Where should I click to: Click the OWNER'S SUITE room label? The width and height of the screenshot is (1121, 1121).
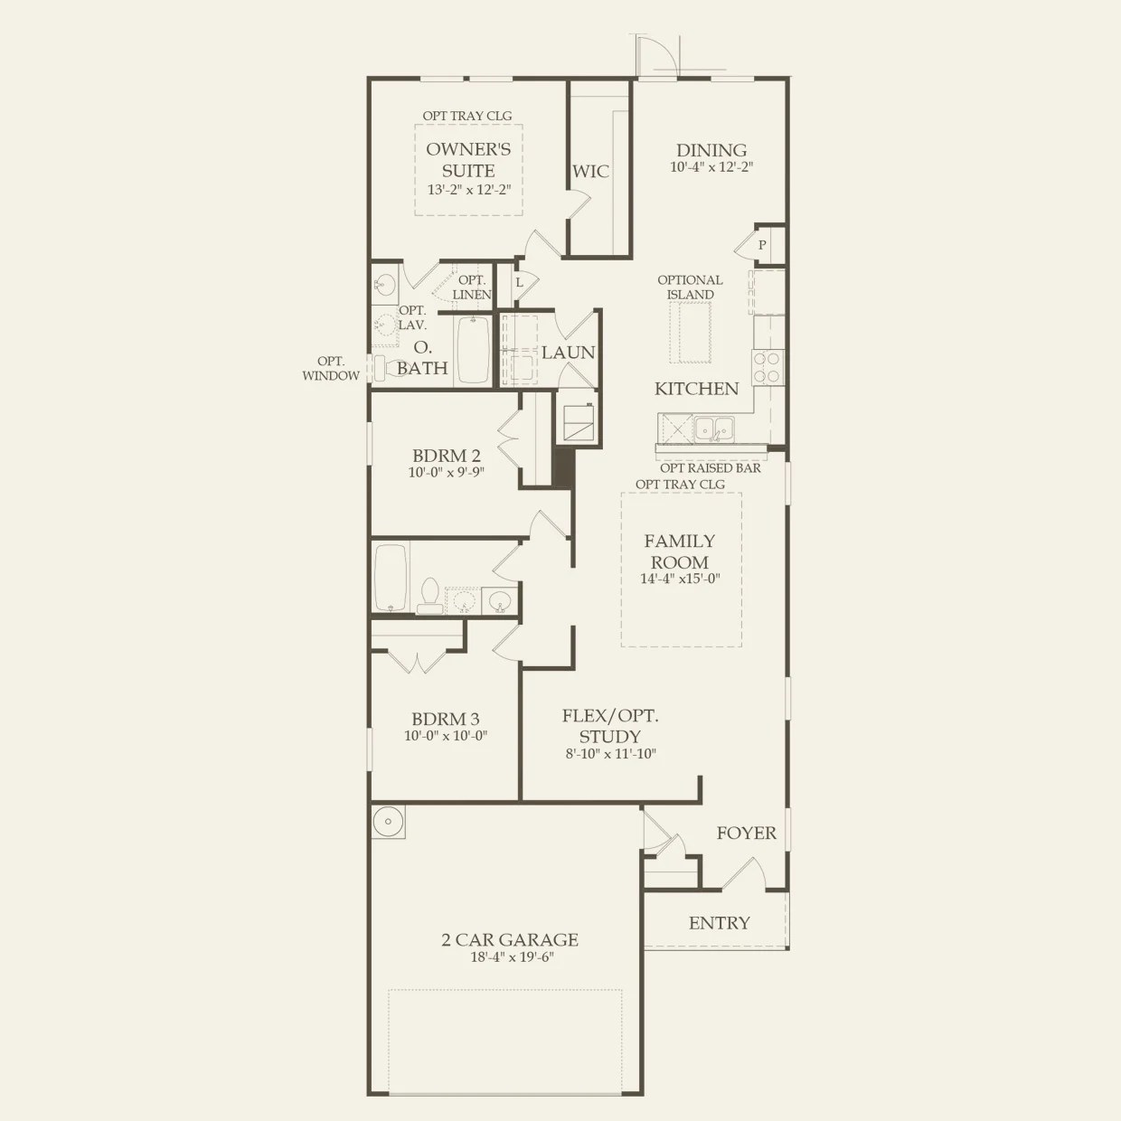point(468,159)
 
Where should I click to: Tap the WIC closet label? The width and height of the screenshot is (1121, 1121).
point(590,171)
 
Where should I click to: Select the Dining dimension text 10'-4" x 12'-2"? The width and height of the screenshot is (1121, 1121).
point(711,167)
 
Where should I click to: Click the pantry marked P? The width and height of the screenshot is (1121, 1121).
point(762,245)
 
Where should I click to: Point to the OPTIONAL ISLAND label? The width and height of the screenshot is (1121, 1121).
point(690,287)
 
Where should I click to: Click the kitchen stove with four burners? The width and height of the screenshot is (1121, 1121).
point(768,368)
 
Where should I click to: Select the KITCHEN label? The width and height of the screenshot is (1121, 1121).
point(696,389)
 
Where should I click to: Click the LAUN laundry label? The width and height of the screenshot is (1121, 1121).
point(568,353)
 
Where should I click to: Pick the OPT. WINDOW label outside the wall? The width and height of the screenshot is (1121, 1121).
point(331,369)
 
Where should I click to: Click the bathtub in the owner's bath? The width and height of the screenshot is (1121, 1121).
point(473,350)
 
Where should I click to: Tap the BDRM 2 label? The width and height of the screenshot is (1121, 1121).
point(446,456)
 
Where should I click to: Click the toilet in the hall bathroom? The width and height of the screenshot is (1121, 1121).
point(430,594)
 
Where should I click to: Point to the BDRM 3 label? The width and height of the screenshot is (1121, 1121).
point(446,720)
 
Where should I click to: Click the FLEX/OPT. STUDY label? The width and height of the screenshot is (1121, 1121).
point(610,726)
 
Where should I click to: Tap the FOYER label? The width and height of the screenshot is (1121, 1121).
point(746,833)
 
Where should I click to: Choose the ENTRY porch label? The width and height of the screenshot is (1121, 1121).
point(719,923)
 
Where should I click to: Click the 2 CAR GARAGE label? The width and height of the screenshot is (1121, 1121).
point(510,940)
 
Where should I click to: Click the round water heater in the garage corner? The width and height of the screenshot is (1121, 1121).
point(388,822)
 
